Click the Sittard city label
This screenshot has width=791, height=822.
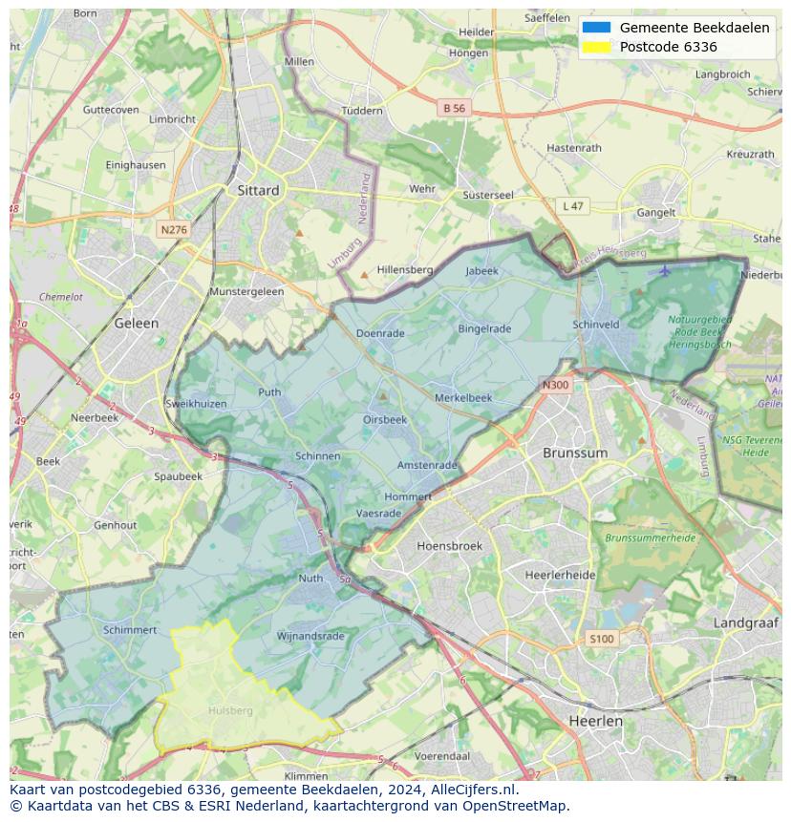point(258,190)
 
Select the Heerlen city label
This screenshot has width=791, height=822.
point(594,721)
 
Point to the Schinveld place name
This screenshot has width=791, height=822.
point(596,325)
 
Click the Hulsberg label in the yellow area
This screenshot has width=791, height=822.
point(230,710)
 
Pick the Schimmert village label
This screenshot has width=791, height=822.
point(130,630)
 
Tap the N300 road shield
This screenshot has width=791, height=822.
point(555,386)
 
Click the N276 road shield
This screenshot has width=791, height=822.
point(174,230)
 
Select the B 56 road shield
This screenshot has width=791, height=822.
point(454,109)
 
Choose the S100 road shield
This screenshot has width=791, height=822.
point(602,639)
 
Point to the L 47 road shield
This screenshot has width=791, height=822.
point(572,206)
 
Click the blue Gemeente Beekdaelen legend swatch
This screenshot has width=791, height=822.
point(595,28)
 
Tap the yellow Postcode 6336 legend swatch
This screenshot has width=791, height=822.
point(595,47)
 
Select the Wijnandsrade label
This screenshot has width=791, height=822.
point(310,636)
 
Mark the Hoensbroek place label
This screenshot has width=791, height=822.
point(450,546)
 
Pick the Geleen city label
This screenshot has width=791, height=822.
point(137,324)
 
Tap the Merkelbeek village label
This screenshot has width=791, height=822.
point(463,397)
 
